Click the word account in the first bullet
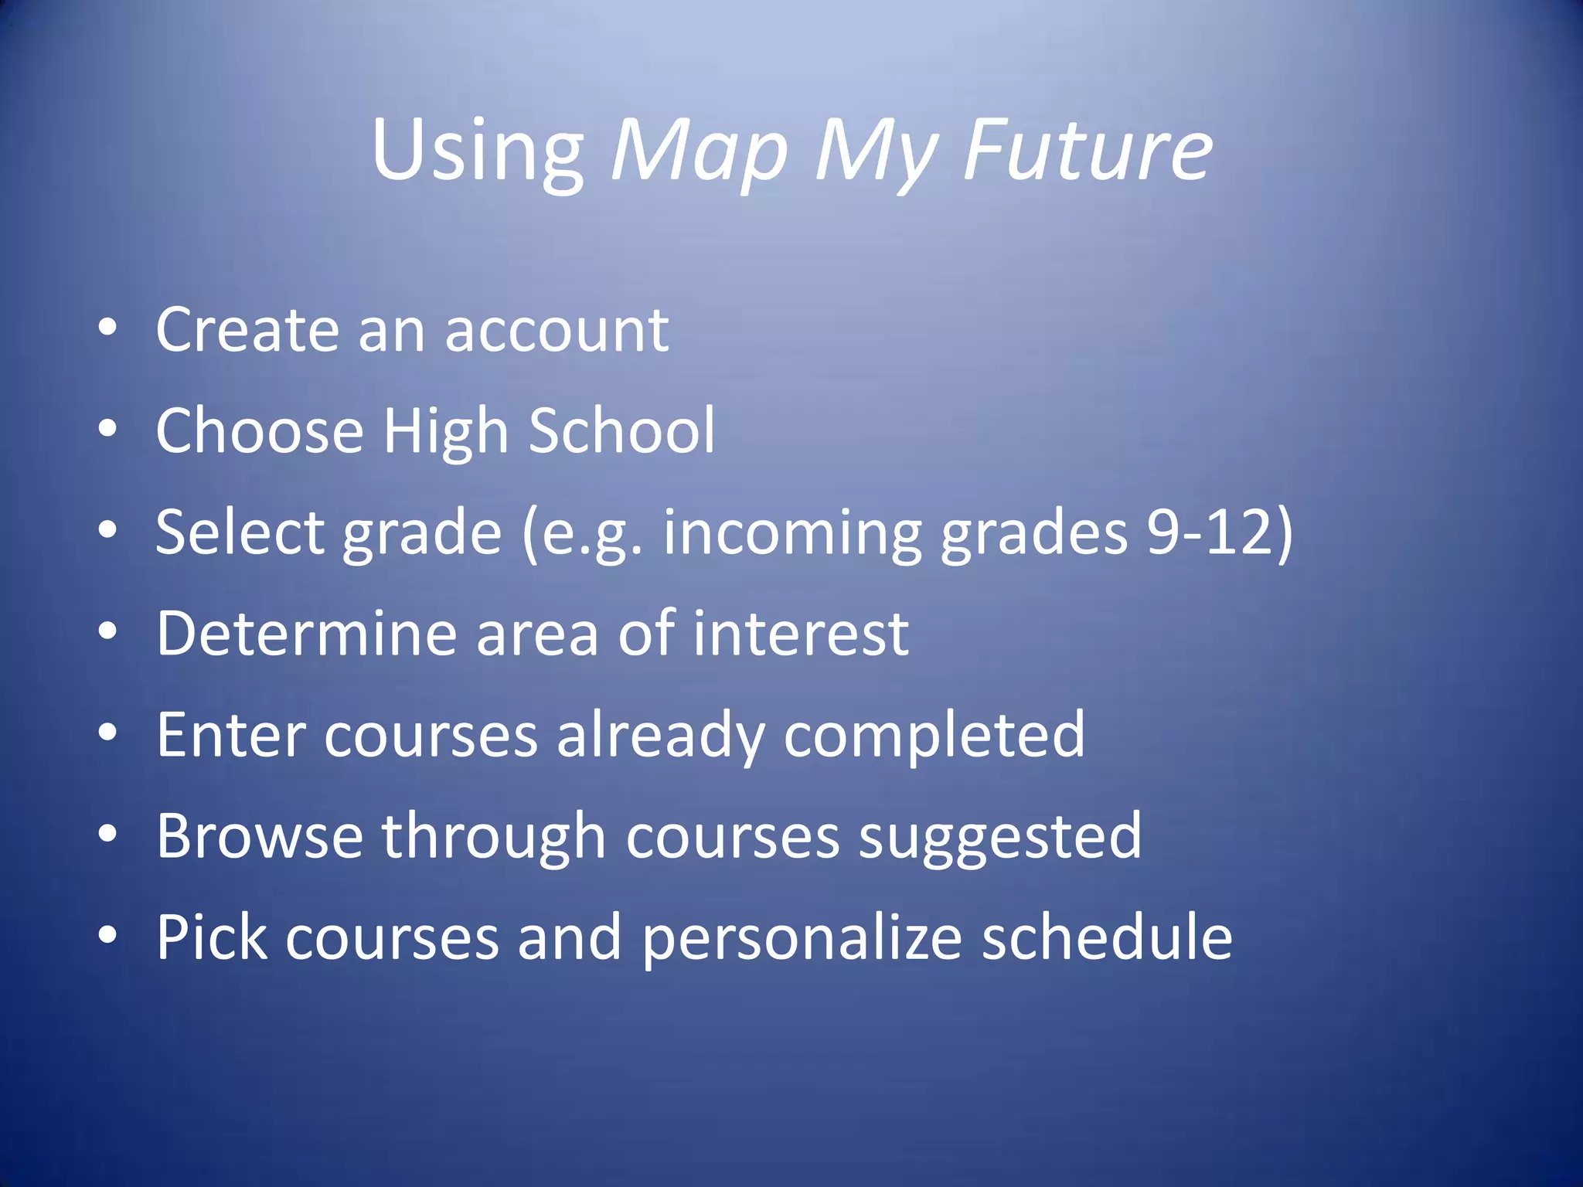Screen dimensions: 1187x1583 coord(557,330)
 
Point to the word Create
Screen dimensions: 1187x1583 coord(247,330)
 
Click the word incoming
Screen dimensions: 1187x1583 coord(792,534)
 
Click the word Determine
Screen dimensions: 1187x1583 coord(307,634)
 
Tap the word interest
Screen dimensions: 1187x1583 coord(801,634)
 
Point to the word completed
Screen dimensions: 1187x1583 coord(934,736)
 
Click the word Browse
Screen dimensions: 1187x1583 coord(260,836)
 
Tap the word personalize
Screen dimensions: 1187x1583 coord(802,939)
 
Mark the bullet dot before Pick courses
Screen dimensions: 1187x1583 coord(108,935)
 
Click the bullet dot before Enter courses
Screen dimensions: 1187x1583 coord(108,732)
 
